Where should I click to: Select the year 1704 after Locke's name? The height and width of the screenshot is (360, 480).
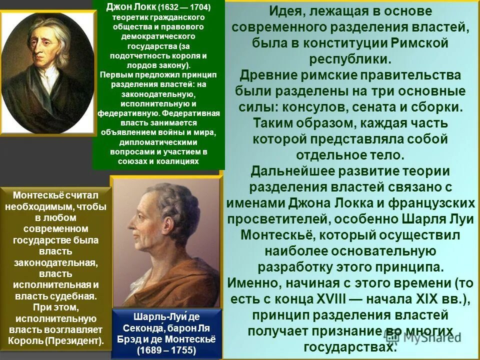click(199, 8)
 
